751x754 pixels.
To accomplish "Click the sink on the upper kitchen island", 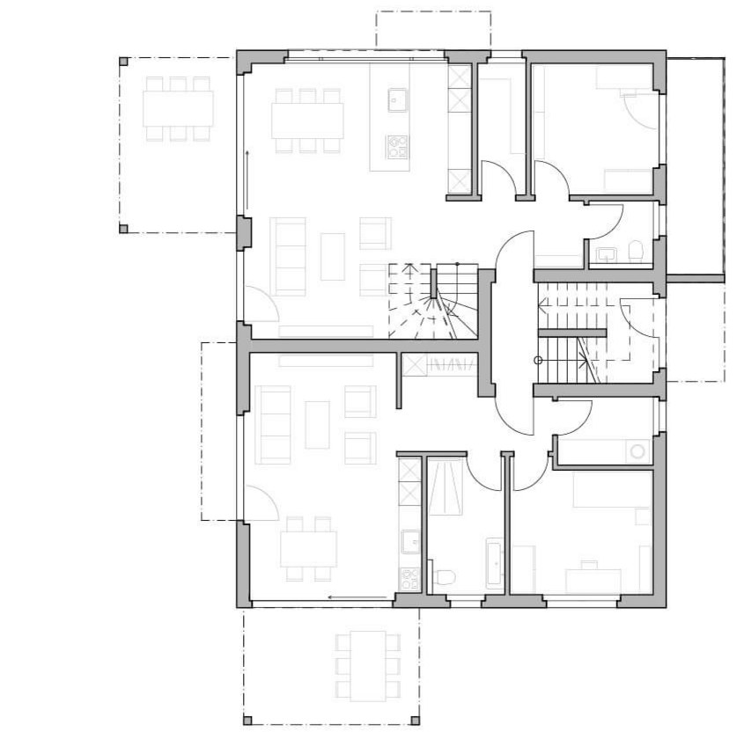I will tap(395, 99).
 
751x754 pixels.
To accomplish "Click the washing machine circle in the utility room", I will tap(637, 451).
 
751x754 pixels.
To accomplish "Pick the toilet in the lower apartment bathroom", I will tap(445, 578).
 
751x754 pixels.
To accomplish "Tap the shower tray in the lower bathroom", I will tap(449, 487).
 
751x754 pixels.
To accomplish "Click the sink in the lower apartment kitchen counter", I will tap(410, 541).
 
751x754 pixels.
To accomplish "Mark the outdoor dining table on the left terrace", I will tap(179, 109).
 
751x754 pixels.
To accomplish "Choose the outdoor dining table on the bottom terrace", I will tap(367, 666).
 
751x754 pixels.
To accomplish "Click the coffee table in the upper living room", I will tap(333, 256).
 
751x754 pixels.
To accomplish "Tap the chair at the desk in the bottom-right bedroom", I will tap(588, 563).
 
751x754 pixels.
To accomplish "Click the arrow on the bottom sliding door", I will tap(342, 597).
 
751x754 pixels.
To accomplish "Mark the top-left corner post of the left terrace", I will tap(123, 62).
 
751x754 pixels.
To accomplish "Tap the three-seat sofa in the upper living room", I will tap(288, 256).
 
